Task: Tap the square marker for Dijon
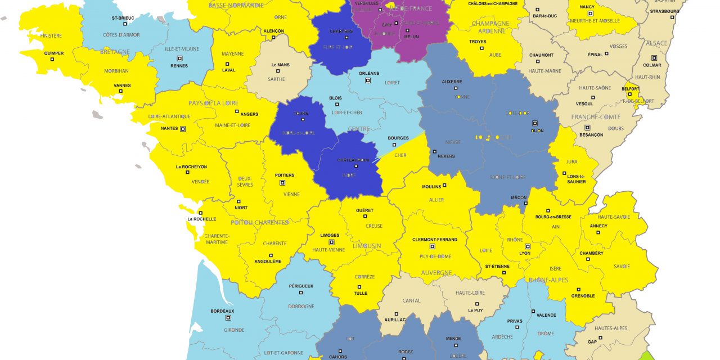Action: pyautogui.click(x=535, y=123)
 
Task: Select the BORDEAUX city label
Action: pyautogui.click(x=222, y=311)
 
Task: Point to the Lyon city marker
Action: pyautogui.click(x=528, y=246)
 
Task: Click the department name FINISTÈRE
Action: pyautogui.click(x=51, y=35)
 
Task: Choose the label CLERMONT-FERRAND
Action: pyautogui.click(x=435, y=240)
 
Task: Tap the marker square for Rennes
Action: pyautogui.click(x=179, y=58)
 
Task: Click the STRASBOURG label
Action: pyautogui.click(x=664, y=11)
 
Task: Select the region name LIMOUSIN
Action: pyautogui.click(x=366, y=246)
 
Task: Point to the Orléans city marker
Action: pyautogui.click(x=368, y=80)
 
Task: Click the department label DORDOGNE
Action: pyautogui.click(x=301, y=306)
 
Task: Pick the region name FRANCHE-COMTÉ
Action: pyautogui.click(x=596, y=117)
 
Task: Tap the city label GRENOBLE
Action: pyautogui.click(x=583, y=295)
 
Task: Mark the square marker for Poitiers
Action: pyautogui.click(x=282, y=182)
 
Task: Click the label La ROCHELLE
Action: pyautogui.click(x=202, y=219)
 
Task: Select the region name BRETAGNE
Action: pyautogui.click(x=115, y=52)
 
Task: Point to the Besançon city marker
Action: pyautogui.click(x=587, y=127)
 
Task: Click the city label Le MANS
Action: pyautogui.click(x=280, y=65)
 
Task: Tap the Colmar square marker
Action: pyautogui.click(x=654, y=57)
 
